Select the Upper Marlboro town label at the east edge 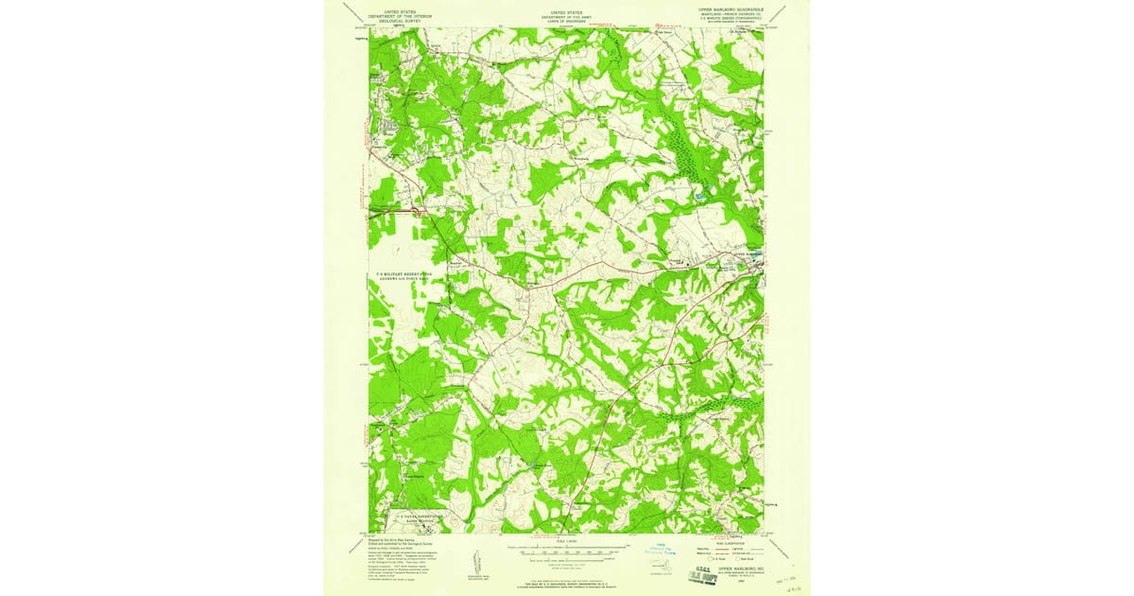[743, 254]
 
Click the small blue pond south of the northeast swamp [700, 195]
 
